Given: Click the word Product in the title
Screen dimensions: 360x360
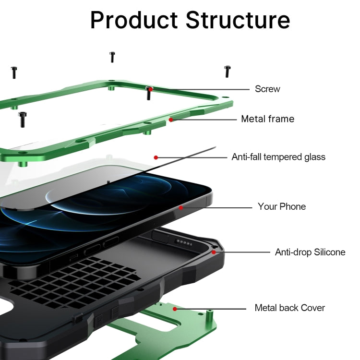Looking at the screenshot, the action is point(134,20).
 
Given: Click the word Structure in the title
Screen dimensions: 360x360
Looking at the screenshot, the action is point(238,20).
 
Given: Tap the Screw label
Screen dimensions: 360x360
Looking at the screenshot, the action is point(267,89).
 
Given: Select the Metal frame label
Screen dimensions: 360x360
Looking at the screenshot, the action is point(268,119).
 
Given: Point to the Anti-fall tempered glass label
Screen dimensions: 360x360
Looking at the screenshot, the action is point(278,157).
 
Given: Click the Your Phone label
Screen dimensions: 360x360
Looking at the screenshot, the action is point(282,206).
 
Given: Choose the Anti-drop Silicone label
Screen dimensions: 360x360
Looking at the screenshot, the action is point(310,252).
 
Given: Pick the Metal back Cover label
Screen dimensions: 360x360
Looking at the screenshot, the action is point(290,308).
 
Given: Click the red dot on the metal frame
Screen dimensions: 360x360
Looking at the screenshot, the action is point(171,120).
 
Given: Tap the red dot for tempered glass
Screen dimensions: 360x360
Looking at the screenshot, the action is point(156,157).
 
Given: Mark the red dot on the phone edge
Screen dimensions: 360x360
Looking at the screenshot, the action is point(181,207).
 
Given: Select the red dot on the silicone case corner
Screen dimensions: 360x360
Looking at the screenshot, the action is point(214,252).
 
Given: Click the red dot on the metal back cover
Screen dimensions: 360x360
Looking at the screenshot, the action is point(175,309).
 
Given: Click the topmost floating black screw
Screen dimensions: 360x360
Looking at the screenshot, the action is point(112,57).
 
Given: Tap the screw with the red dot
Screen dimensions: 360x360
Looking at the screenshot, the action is point(149,93).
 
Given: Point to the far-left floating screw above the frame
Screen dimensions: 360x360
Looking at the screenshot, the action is point(14,72).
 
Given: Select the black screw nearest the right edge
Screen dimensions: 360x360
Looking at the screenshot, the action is point(228,72).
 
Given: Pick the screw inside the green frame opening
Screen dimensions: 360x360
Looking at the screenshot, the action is point(23,120).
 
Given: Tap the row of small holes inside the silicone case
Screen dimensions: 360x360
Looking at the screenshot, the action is point(183,242).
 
